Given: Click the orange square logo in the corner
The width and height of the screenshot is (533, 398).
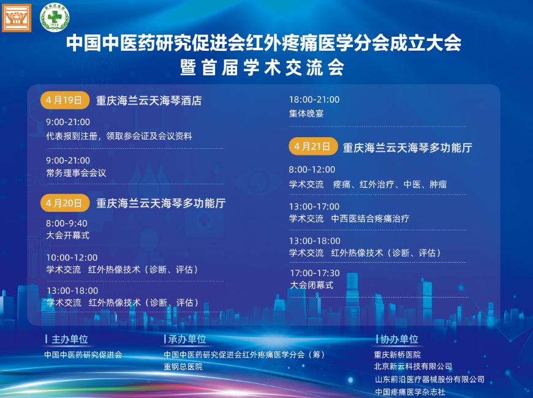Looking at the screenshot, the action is click(17, 18).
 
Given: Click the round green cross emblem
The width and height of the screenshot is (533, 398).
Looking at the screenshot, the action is click(55, 18).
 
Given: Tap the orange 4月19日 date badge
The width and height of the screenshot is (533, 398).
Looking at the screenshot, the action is click(64, 100).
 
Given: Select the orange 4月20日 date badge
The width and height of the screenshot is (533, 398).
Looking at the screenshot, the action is click(64, 203).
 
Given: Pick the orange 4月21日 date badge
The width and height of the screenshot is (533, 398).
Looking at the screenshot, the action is click(313, 146).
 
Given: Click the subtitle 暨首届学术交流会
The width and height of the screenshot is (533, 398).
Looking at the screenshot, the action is click(262, 67).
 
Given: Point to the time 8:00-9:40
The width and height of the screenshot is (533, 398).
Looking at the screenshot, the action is click(67, 223).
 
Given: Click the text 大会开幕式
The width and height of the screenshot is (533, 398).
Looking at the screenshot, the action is click(67, 235).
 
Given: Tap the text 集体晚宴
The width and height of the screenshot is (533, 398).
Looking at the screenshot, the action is click(306, 113).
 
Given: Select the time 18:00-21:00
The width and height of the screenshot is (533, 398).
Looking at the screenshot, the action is click(314, 100).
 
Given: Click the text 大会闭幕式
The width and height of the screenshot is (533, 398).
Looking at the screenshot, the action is click(312, 285).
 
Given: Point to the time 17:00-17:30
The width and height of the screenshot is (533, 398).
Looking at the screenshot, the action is click(315, 273).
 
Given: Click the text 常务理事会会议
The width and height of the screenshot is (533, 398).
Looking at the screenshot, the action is click(76, 173).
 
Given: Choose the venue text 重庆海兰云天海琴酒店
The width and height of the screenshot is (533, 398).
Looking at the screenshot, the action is click(149, 100).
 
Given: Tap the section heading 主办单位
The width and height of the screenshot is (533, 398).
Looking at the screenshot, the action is click(70, 339).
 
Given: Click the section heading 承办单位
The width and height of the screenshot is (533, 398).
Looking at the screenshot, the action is click(187, 339).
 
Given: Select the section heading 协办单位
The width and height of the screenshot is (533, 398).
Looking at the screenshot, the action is click(399, 339).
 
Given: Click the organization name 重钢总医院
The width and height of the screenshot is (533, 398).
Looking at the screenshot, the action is click(183, 367).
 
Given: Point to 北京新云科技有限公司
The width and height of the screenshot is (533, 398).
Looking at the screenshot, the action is click(413, 366).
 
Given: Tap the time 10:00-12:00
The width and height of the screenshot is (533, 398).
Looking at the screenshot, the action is click(72, 258).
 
